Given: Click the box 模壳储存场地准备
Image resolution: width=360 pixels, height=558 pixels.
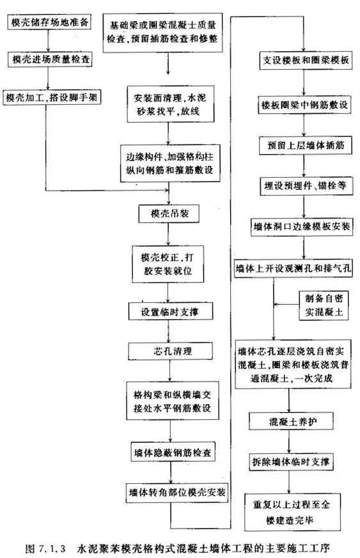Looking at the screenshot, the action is point(49,22).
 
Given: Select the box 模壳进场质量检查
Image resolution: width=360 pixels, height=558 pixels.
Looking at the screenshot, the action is point(50,59).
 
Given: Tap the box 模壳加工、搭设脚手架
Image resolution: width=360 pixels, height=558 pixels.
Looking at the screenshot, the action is point(52,97).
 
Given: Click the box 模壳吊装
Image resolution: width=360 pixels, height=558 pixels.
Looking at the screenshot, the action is point(169,213).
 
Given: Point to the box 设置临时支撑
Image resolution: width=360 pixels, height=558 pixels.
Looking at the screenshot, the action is point(171,311).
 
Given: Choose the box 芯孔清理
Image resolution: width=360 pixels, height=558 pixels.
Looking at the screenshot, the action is point(171,351).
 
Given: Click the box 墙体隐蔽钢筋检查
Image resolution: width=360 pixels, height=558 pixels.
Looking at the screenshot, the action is point(173,452).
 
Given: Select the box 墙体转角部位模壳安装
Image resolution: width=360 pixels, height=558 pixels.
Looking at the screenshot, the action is point(177,492).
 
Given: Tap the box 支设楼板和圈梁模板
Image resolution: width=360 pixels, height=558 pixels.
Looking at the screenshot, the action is point(306,60).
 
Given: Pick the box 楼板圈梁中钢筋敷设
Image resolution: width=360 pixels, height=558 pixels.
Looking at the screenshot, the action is point(304,105).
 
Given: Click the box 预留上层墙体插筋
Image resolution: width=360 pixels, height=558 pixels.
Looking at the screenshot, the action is point(305,145).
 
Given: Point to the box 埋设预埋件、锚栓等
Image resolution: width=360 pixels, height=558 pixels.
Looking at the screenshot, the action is point(306,186).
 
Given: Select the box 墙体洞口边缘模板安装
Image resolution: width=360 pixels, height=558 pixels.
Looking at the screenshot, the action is point(302,227).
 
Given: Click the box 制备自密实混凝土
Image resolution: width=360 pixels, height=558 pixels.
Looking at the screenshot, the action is point(324,306).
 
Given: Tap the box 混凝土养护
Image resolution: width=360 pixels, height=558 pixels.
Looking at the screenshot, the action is point(292,422).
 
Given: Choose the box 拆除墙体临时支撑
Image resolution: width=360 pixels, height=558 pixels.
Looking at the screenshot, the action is point(290,462).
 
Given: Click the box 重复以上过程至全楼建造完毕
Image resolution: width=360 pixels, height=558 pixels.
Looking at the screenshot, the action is point(292,512).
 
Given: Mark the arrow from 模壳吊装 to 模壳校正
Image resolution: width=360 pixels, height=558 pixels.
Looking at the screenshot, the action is point(168,234).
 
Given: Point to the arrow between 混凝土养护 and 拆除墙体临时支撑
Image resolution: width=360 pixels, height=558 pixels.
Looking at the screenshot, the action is point(289,441).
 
